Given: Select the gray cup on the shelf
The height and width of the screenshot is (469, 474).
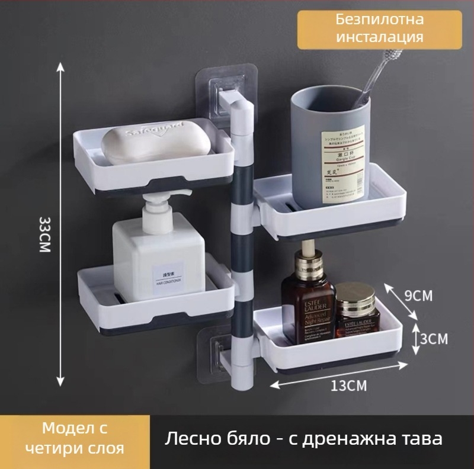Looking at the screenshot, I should [329, 148].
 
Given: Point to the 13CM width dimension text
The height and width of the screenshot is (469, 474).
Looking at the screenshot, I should [348, 386].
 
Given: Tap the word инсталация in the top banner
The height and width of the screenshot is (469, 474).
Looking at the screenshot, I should [379, 37].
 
